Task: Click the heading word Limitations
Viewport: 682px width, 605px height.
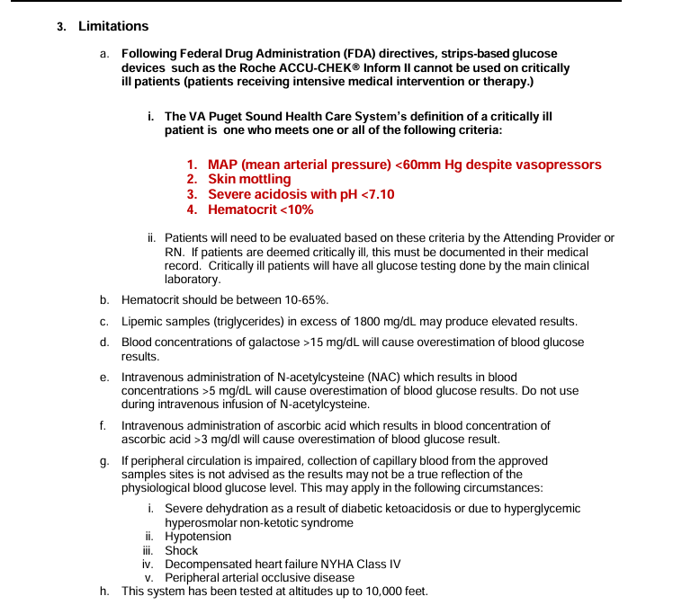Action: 113,26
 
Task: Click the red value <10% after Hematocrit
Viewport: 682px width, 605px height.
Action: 297,209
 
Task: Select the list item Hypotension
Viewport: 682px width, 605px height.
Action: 198,537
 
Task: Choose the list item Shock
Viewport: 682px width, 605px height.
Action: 181,550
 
